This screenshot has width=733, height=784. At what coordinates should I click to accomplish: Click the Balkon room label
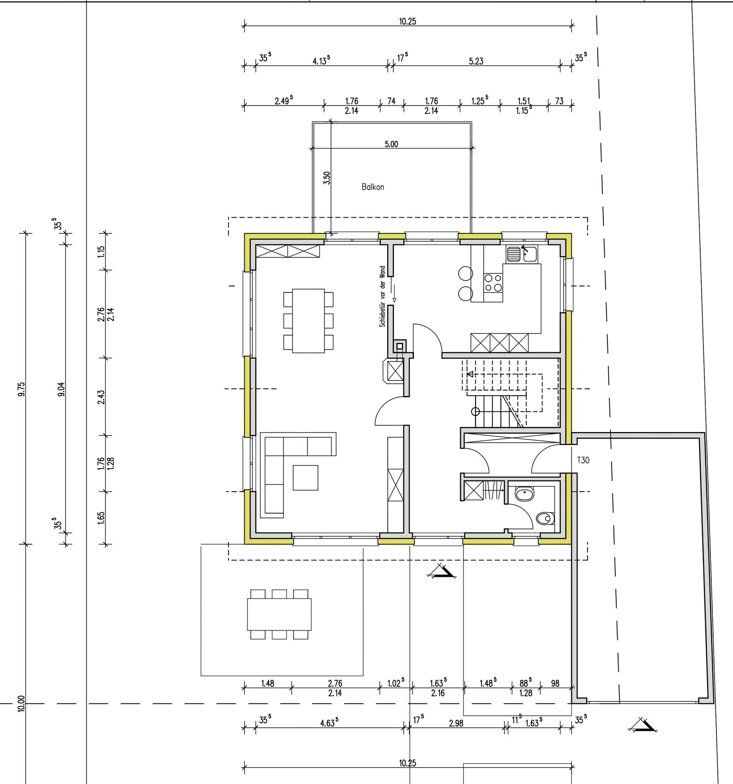click(x=373, y=187)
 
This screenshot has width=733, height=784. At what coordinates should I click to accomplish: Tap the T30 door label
click(x=583, y=460)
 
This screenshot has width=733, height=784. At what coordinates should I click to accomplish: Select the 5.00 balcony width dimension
click(x=391, y=144)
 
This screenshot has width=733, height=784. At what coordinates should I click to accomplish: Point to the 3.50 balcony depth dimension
click(x=327, y=178)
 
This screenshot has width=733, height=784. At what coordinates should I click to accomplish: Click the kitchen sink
click(x=522, y=254)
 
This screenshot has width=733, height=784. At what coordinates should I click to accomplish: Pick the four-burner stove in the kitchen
click(x=493, y=283)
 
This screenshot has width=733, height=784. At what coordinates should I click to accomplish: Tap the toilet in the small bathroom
click(x=546, y=519)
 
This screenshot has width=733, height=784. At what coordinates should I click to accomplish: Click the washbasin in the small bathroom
click(x=524, y=494)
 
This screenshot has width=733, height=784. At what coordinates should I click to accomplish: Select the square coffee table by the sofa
click(x=305, y=477)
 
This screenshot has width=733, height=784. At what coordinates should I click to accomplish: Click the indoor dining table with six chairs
click(x=308, y=321)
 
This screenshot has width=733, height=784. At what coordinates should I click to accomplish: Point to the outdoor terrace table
click(x=279, y=614)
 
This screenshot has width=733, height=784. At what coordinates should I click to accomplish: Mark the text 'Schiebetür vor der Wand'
click(x=382, y=297)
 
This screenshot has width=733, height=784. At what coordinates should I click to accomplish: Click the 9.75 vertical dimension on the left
click(x=21, y=389)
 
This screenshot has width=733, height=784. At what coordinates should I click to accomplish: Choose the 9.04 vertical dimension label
click(x=61, y=389)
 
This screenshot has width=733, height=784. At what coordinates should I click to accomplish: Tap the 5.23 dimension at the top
click(x=476, y=61)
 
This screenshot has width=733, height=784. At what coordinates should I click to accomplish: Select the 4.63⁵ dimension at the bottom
click(x=329, y=723)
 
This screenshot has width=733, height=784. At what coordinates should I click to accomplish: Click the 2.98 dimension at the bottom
click(x=456, y=723)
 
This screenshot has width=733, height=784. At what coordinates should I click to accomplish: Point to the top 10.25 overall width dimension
click(x=408, y=21)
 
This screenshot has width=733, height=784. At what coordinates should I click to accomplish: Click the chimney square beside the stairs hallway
click(x=399, y=346)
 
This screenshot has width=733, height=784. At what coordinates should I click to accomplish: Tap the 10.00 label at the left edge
click(x=21, y=704)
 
